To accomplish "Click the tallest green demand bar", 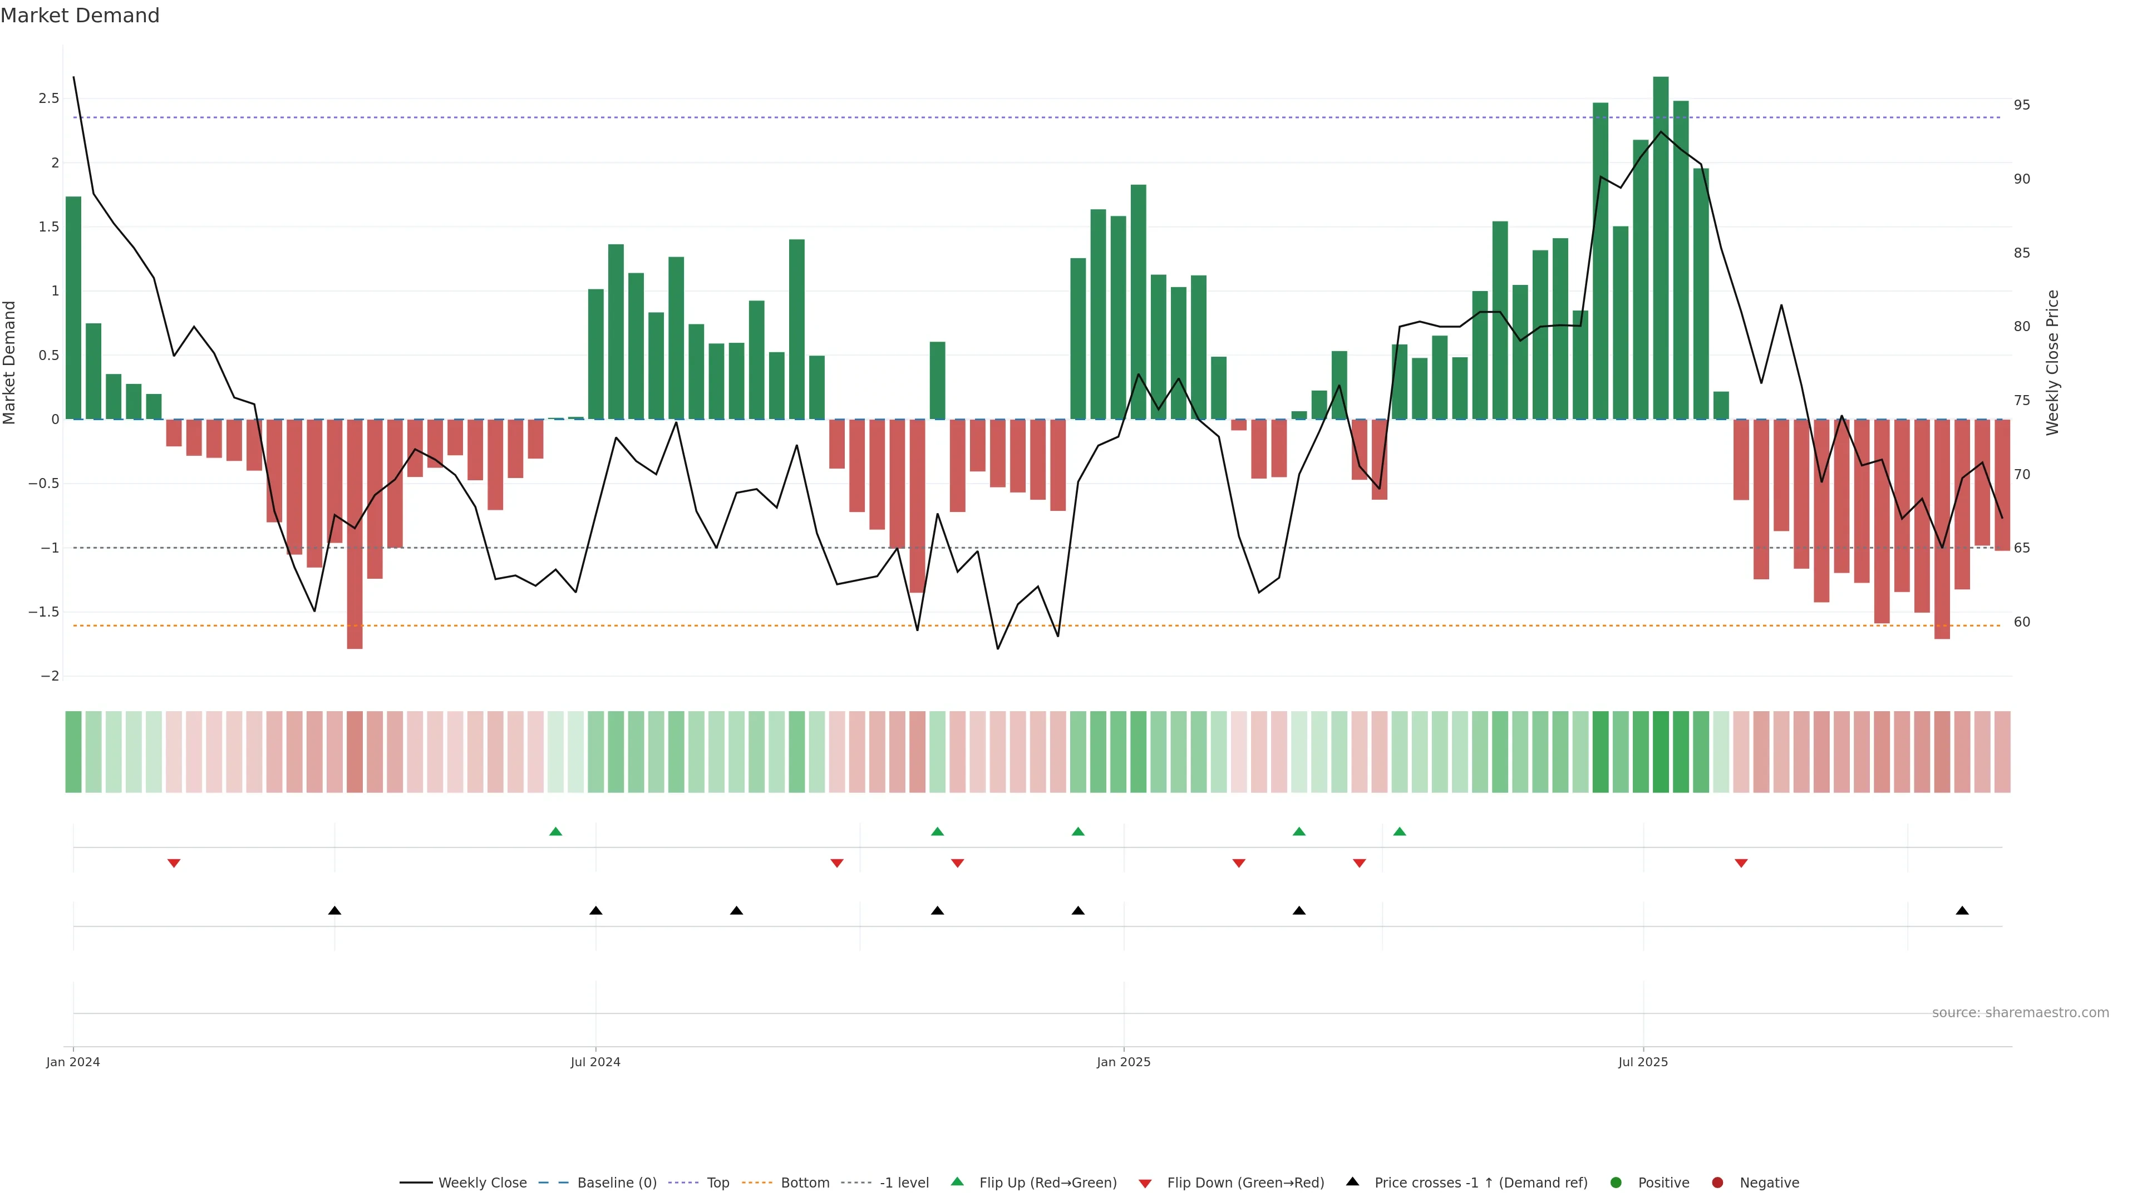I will [1660, 249].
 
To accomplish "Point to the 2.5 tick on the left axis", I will [49, 98].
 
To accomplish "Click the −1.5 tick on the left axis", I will [44, 612].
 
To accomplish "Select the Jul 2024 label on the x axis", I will [595, 1062].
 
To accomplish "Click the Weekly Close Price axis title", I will [2052, 362].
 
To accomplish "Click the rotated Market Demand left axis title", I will [10, 362].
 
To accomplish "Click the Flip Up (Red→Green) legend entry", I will [1047, 1183].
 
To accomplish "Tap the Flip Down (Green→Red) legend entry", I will [1244, 1183].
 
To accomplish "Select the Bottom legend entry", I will [804, 1183].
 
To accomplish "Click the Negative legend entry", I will [1769, 1183].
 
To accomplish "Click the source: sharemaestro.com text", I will [2020, 1013].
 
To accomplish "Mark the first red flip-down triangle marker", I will [174, 864].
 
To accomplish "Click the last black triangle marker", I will [1962, 911].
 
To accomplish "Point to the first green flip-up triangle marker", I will [556, 831].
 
